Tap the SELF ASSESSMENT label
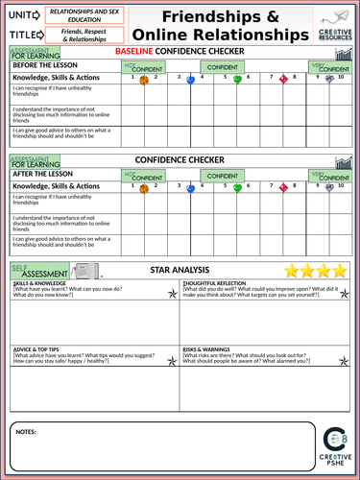point(41,272)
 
